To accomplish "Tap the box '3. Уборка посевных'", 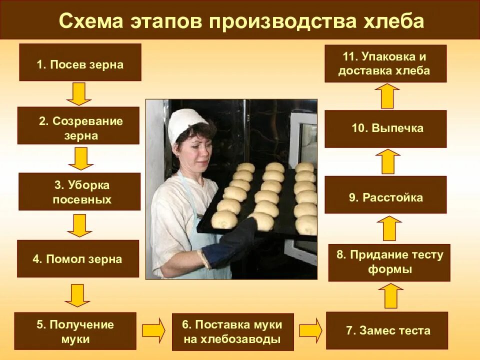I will coord(79,191).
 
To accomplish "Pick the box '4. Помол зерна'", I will coord(78,258).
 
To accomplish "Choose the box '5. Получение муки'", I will coord(75,331).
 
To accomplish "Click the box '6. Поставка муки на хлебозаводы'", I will coord(232,331).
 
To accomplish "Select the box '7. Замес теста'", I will coord(387,330).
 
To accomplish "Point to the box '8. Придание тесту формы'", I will coord(389,262).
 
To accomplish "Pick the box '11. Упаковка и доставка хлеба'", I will coord(385,63).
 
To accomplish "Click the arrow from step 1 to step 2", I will coord(79,93).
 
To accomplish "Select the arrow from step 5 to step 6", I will coord(153,330).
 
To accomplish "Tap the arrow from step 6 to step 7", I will coord(310,330).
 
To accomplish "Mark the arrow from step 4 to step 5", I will coord(77,295).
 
